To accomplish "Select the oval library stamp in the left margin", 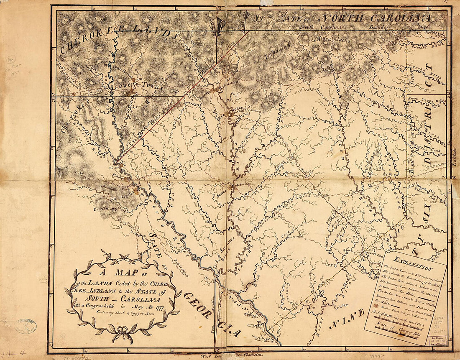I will pos(26,326).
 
